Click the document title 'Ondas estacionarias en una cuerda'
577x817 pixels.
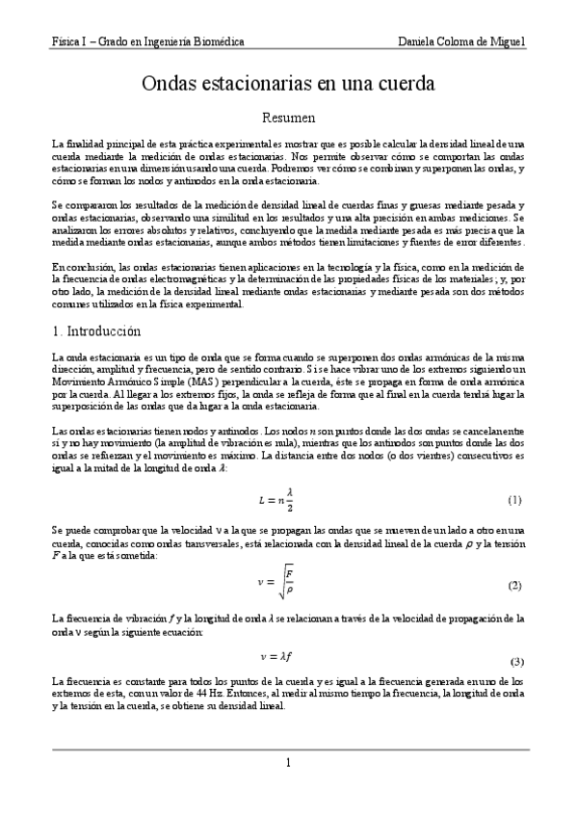click(289, 85)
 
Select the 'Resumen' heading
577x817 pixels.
click(289, 118)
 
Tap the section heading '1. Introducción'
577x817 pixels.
click(97, 331)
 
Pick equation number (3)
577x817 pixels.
click(516, 662)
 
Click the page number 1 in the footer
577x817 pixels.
click(288, 763)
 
